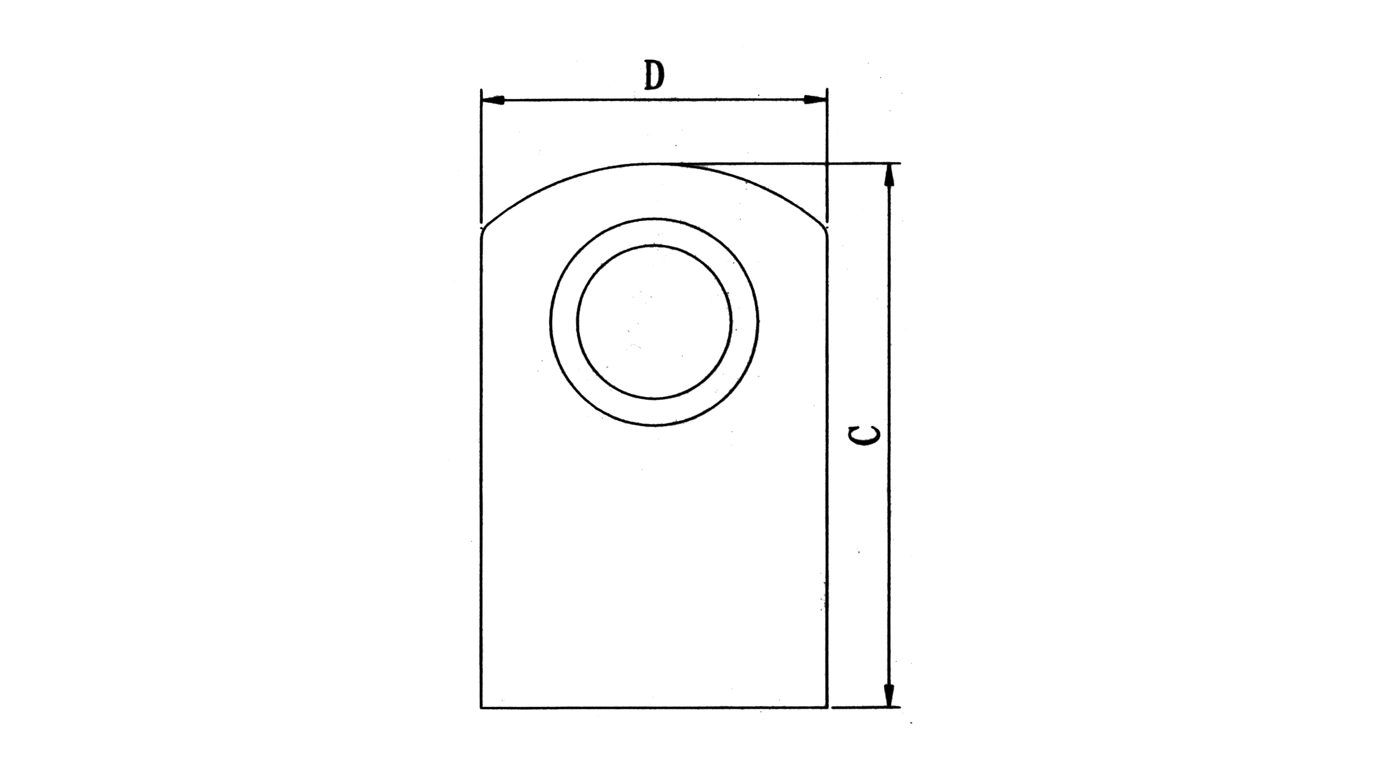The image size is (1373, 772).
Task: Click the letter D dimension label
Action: pos(654,75)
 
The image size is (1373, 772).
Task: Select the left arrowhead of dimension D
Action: pos(493,100)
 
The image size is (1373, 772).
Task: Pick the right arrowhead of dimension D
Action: pos(815,100)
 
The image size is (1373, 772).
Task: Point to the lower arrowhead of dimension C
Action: pos(890,696)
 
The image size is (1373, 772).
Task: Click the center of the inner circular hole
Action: pos(654,322)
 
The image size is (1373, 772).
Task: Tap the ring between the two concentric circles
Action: pos(564,322)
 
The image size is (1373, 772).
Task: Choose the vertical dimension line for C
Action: pos(890,531)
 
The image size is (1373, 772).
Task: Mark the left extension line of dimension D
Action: pos(481,156)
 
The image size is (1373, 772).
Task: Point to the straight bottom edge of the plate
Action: pos(654,707)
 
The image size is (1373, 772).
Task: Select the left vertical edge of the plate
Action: pos(481,475)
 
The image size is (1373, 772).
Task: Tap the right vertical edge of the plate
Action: pos(827,475)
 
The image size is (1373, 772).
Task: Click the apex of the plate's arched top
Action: pos(654,164)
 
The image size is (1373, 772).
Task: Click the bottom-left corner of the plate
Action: pos(481,707)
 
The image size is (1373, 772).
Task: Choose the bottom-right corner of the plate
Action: pos(827,707)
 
